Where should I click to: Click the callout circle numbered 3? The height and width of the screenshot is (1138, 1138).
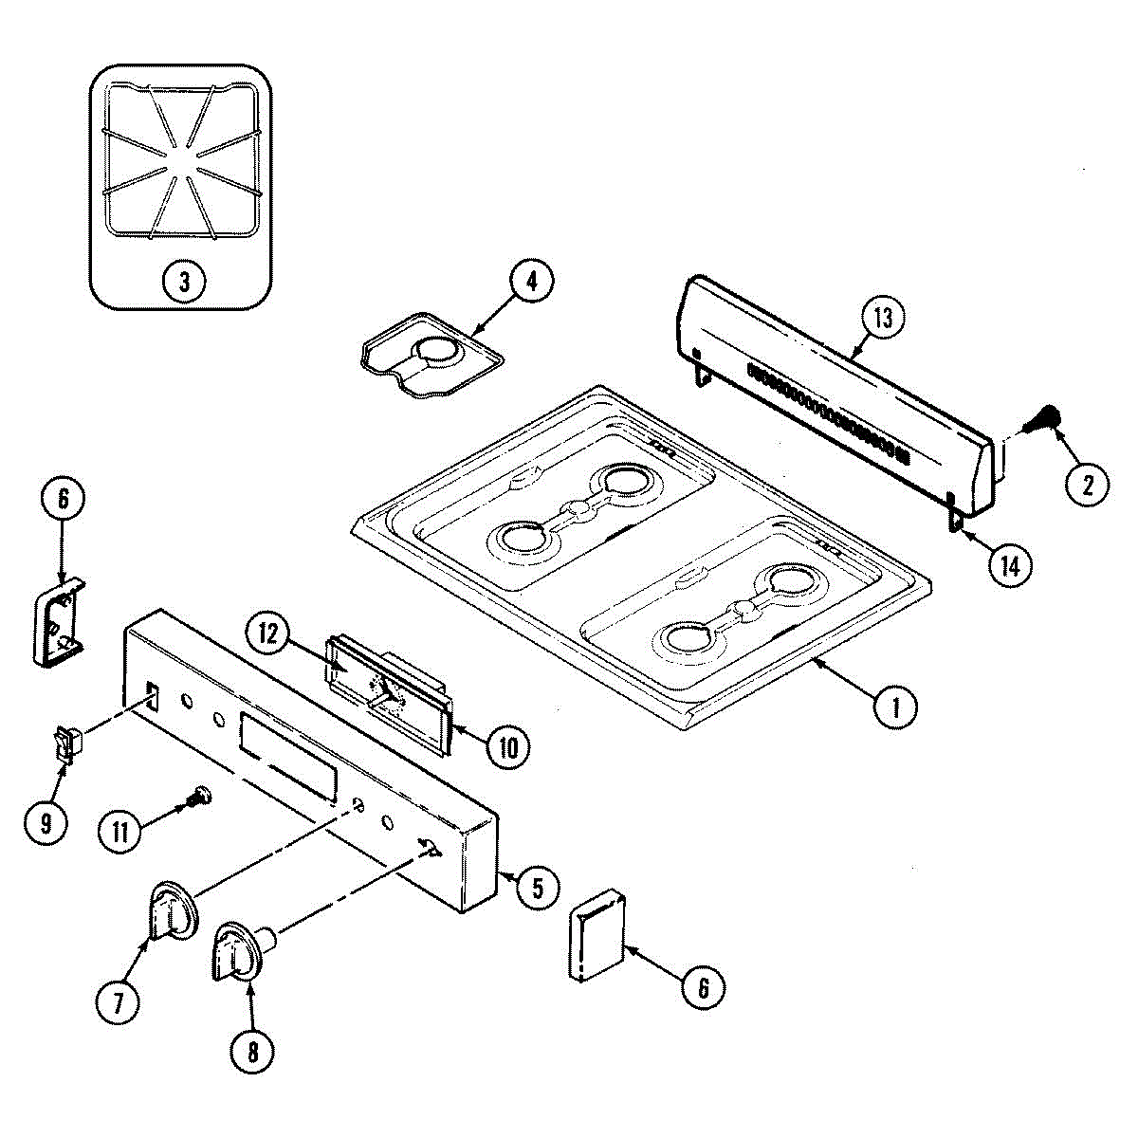click(183, 280)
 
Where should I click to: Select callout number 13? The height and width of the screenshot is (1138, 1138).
click(883, 319)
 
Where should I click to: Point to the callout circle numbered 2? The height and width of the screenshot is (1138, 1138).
click(1086, 485)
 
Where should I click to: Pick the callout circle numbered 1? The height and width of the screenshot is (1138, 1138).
click(895, 707)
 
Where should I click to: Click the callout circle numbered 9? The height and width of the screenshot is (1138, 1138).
click(46, 821)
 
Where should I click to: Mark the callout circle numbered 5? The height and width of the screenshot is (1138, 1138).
click(537, 888)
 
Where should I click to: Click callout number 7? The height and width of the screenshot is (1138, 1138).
click(119, 1003)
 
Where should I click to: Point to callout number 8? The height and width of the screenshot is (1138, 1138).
click(253, 1051)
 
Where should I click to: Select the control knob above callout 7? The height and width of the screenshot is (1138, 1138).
click(173, 909)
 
